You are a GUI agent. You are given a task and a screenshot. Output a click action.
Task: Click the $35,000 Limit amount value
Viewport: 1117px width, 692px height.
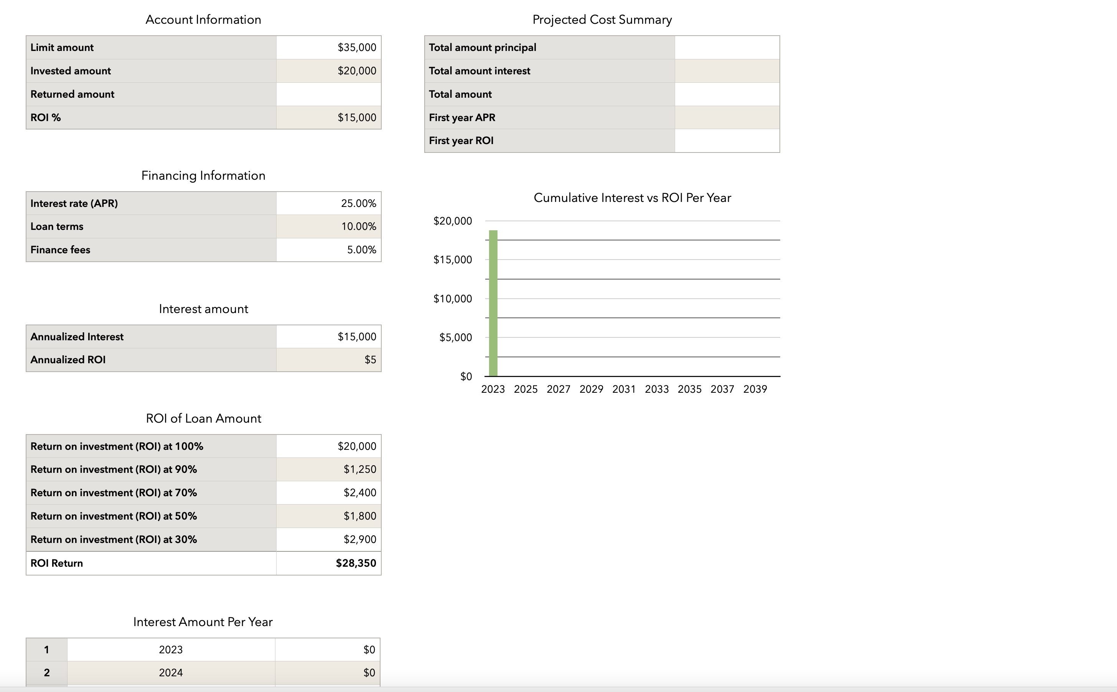pos(356,48)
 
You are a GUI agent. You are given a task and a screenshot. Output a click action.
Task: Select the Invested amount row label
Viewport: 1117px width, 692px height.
pos(71,71)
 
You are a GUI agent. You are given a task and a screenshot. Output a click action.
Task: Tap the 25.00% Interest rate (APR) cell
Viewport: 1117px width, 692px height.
pos(358,203)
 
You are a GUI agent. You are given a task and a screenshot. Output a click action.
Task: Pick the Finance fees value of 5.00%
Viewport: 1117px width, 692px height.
pos(361,250)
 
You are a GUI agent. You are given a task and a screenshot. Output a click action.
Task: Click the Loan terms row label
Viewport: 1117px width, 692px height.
pos(57,226)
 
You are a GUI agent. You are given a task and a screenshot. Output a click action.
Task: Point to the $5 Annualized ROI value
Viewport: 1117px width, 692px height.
pos(370,360)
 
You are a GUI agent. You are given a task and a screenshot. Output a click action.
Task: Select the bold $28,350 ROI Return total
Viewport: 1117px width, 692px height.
pos(356,563)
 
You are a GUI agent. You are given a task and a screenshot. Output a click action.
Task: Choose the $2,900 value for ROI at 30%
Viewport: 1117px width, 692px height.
pos(360,539)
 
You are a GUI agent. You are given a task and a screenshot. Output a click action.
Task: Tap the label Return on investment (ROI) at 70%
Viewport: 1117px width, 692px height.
pos(114,493)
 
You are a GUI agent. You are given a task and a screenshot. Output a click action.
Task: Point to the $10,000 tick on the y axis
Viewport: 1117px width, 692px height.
pos(452,299)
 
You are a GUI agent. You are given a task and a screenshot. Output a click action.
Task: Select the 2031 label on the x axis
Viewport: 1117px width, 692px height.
pos(624,389)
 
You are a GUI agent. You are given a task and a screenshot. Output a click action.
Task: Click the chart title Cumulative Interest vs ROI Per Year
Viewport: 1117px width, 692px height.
pos(632,198)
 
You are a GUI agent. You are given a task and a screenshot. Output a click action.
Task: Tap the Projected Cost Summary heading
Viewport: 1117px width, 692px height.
pos(601,20)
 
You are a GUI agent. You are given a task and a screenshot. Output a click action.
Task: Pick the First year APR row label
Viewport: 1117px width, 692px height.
pos(462,118)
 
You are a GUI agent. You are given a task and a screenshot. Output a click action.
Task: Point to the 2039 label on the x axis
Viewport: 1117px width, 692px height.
pos(755,389)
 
